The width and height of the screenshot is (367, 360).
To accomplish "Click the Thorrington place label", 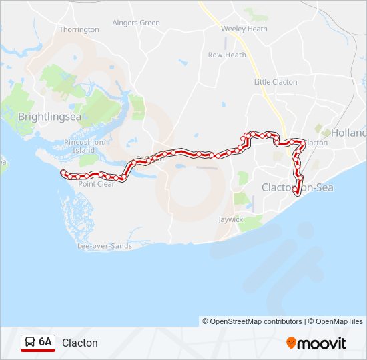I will coord(79,29).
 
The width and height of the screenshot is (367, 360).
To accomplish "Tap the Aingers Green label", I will coord(136,23).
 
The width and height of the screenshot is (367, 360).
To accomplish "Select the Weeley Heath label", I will coord(244,29).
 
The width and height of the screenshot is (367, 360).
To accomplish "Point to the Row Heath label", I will coord(227,55).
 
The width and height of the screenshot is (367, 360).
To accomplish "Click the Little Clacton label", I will coord(275,82).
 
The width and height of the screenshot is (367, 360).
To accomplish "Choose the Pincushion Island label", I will coord(84,146).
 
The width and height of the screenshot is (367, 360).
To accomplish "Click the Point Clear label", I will coord(96,184).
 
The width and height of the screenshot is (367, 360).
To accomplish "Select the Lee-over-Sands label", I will coord(105,246).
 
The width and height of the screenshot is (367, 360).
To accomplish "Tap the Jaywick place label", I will coord(231,219).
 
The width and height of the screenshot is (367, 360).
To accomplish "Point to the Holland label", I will coord(348,133).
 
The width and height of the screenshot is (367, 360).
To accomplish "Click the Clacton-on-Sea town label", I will coord(297,187).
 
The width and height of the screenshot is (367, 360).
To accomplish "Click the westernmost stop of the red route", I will coord(63,173).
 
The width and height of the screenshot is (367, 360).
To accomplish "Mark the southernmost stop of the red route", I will coord(296,192).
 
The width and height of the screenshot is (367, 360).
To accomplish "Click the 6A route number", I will coord(45,342).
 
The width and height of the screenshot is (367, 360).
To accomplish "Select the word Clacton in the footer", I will coord(80,343).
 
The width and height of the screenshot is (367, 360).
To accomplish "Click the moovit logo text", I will coord(322,343).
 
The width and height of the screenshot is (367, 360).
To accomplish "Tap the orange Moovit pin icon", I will coord(291,343).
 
